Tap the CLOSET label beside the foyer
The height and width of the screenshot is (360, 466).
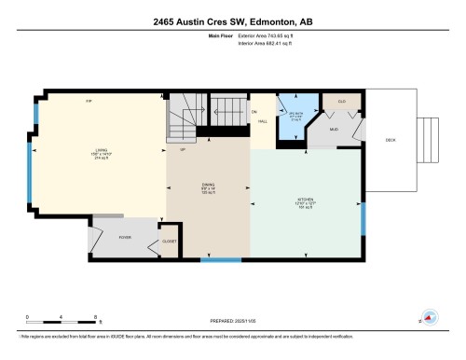pyautogui.click(x=170, y=241)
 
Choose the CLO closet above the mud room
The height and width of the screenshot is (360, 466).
pyautogui.click(x=341, y=101)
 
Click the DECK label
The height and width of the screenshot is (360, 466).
pyautogui.click(x=391, y=140)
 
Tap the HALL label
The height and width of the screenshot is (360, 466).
pyautogui.click(x=264, y=121)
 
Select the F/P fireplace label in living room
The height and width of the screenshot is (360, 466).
pyautogui.click(x=89, y=101)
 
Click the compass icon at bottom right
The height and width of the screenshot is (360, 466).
pyautogui.click(x=430, y=317)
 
